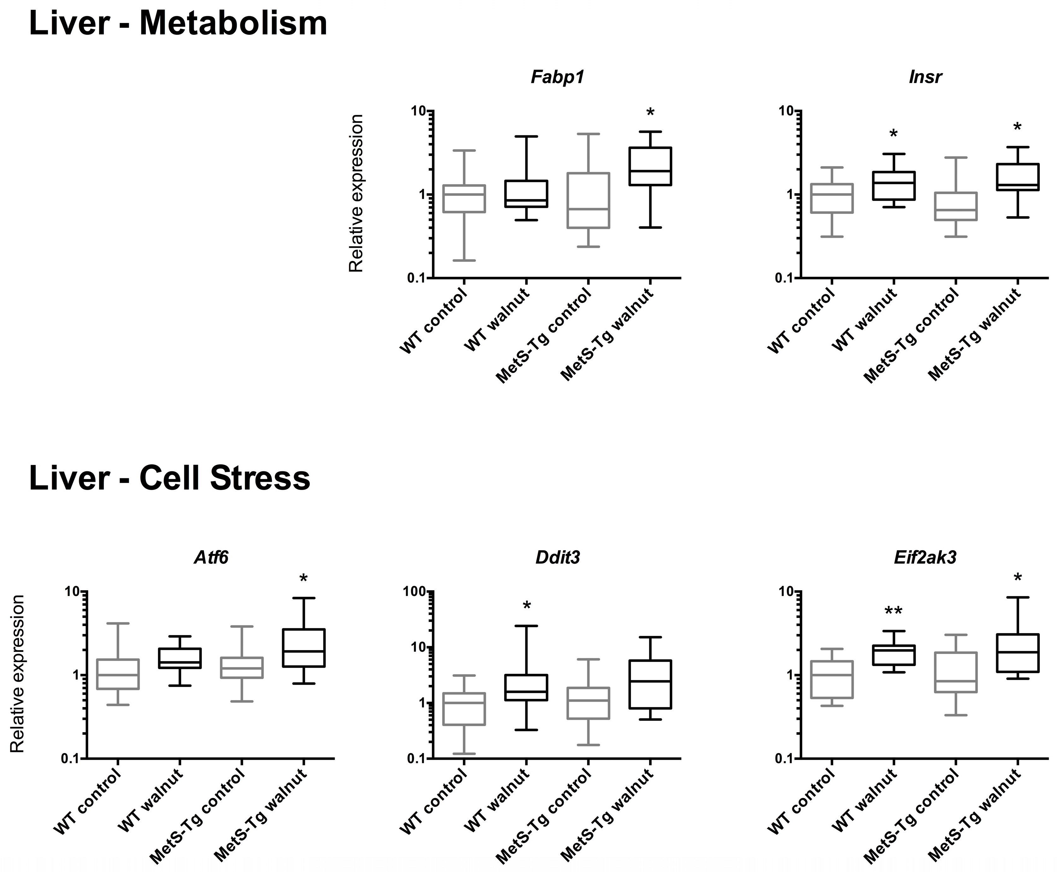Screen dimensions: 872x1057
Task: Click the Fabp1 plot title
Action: click(558, 77)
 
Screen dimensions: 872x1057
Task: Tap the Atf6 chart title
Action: click(211, 557)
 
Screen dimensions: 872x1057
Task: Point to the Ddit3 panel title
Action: click(558, 557)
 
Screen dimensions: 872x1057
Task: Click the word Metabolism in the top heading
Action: click(233, 24)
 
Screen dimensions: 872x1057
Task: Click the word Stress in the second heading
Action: click(260, 478)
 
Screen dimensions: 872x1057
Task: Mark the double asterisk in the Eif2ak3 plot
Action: click(894, 612)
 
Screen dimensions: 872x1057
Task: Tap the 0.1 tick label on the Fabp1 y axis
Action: click(417, 278)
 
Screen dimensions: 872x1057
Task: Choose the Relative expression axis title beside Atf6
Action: click(18, 674)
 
